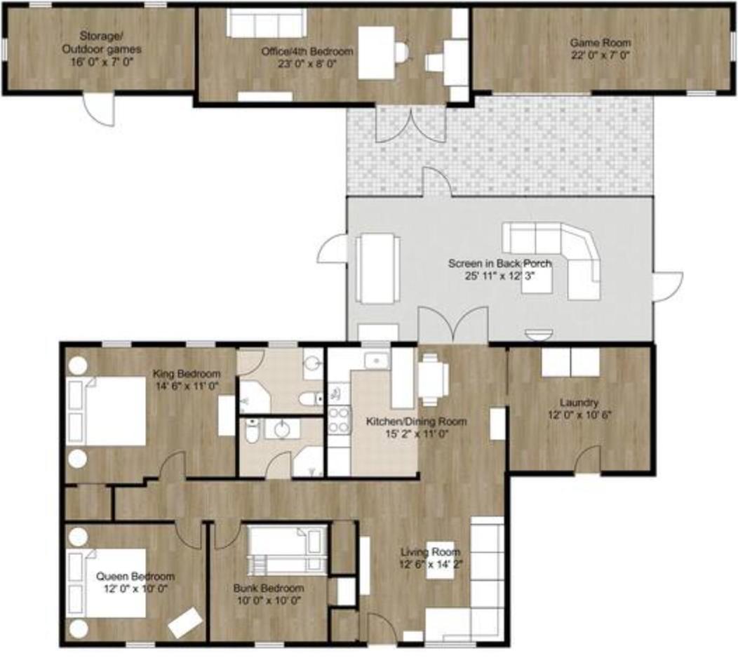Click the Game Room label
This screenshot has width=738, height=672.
[600, 42]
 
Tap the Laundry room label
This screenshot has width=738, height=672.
[579, 403]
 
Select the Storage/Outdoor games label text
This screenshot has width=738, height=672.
[101, 42]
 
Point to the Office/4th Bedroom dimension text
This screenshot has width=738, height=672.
[307, 64]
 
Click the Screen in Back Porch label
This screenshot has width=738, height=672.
[499, 264]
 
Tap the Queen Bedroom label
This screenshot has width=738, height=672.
[135, 577]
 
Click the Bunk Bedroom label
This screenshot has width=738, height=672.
[268, 589]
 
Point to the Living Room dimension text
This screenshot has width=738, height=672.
[430, 564]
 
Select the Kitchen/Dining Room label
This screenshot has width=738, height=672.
[416, 422]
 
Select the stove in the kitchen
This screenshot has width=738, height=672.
[339, 420]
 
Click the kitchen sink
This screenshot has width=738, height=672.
[376, 361]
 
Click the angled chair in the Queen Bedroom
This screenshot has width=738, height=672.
[185, 622]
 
